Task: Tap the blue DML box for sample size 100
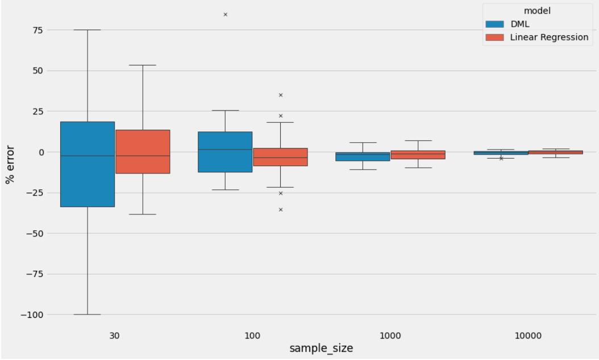225,152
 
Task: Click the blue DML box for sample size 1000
363,156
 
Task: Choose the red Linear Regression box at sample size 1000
418,155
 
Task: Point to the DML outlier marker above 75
226,14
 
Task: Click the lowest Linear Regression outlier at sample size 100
281,210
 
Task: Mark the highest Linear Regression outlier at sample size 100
281,95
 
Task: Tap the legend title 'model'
536,10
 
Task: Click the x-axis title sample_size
321,348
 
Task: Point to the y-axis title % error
10,164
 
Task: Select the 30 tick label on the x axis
115,336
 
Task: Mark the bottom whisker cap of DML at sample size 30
88,315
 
